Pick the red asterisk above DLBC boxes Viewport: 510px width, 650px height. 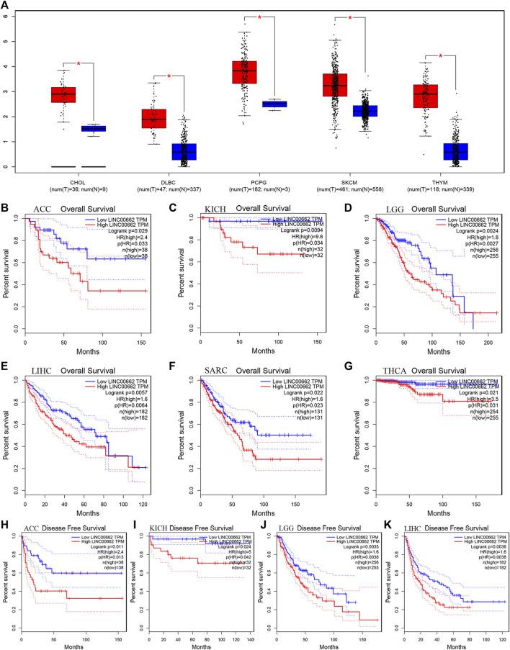point(169,76)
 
